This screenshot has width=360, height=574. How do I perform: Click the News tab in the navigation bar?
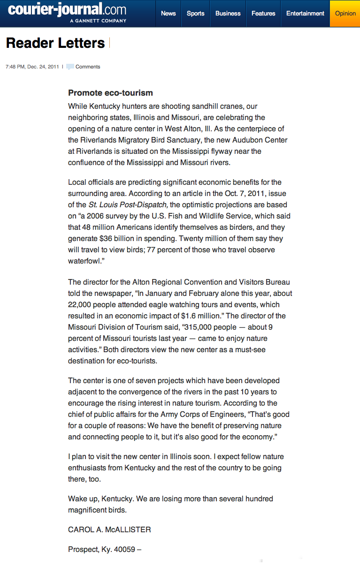point(168,13)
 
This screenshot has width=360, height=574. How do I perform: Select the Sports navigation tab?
point(195,13)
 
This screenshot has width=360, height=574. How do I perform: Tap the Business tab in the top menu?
point(228,13)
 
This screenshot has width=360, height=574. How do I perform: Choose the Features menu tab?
point(263,13)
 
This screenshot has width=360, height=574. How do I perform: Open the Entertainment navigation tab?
point(305,13)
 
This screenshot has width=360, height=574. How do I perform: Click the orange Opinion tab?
point(345,13)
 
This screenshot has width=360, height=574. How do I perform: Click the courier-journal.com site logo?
point(67,9)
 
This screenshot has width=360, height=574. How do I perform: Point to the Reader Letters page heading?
point(55,43)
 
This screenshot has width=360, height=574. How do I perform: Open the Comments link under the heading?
point(88,67)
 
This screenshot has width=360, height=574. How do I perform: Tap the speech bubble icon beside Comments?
point(70,67)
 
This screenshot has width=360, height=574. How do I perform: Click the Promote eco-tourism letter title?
point(110,93)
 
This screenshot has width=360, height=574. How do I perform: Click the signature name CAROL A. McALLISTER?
point(109,529)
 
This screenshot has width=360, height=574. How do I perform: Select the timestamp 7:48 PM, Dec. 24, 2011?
point(32,67)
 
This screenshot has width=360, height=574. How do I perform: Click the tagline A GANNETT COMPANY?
point(98,21)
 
